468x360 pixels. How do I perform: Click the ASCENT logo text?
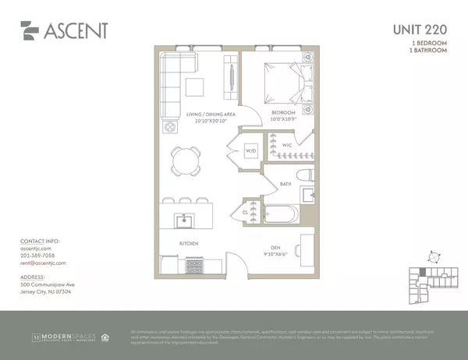click(76, 31)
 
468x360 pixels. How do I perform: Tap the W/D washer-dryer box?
click(251, 150)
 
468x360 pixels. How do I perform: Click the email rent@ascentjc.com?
click(43, 263)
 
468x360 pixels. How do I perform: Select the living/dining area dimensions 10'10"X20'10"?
click(210, 120)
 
